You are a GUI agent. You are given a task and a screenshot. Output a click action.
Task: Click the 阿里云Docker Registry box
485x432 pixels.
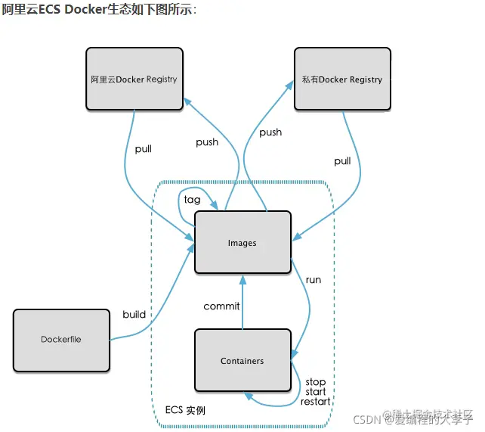(x=134, y=79)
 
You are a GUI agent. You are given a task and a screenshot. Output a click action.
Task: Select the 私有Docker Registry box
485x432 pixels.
(x=341, y=79)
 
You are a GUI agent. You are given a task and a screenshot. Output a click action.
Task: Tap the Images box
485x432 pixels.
(x=242, y=243)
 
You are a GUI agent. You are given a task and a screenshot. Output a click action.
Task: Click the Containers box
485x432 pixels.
(x=242, y=361)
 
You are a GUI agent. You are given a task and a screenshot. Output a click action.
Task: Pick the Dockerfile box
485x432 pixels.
(x=61, y=340)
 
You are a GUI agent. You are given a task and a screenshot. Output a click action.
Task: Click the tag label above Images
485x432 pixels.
(x=192, y=200)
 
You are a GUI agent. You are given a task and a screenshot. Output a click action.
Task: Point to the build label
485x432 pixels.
(x=134, y=315)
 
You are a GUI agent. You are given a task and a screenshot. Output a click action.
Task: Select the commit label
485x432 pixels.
(x=221, y=306)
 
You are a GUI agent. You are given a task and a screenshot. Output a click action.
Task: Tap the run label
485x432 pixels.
(x=313, y=280)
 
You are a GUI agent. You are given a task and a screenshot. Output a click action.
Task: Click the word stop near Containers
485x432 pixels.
(x=315, y=382)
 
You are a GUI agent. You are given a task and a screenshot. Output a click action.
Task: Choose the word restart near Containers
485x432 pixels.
(x=315, y=401)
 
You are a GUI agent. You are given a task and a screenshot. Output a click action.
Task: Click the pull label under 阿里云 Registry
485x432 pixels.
(x=143, y=149)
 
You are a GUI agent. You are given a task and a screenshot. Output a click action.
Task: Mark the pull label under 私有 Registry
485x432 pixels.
(x=342, y=161)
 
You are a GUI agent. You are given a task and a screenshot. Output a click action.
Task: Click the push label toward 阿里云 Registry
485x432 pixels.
(x=207, y=142)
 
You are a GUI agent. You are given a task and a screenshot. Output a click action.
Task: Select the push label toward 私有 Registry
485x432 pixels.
(x=270, y=132)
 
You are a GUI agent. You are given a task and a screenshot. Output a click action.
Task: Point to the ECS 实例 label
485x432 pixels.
(x=185, y=411)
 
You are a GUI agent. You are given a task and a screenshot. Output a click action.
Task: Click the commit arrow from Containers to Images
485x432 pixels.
(x=242, y=303)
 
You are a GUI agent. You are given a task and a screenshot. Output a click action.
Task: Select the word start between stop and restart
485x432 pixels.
(x=316, y=392)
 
